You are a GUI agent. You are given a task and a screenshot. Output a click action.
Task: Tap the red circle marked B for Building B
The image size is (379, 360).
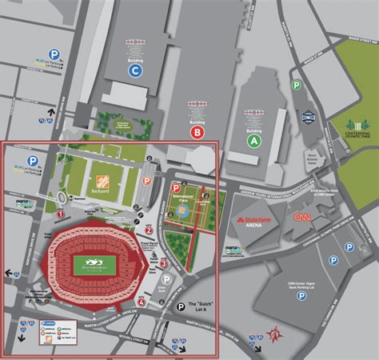click(196, 131)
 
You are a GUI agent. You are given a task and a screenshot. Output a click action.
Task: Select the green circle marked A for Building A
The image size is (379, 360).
click(254, 139)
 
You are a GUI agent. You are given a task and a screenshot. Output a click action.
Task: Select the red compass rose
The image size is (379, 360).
click(276, 330)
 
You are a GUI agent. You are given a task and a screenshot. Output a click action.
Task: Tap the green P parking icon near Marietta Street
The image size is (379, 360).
click(296, 85)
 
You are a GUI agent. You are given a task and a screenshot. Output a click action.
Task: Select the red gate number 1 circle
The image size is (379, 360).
click(61, 214)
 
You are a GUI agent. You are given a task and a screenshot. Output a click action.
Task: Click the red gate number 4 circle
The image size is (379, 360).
click(142, 302)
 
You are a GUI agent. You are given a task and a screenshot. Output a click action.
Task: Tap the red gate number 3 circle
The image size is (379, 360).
click(163, 263)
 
